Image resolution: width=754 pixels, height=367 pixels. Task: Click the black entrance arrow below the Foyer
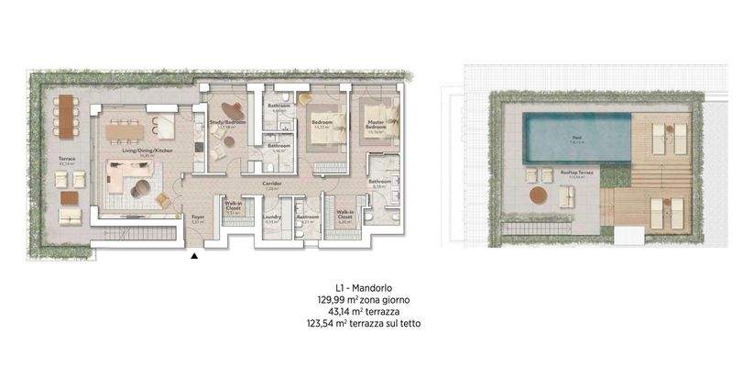[194, 257]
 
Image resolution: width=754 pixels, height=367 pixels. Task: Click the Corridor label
[271, 184]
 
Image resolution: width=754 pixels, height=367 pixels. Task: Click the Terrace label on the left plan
[65, 160]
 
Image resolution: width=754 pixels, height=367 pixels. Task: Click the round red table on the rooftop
[538, 195]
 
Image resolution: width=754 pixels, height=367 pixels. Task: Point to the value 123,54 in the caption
[329, 324]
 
